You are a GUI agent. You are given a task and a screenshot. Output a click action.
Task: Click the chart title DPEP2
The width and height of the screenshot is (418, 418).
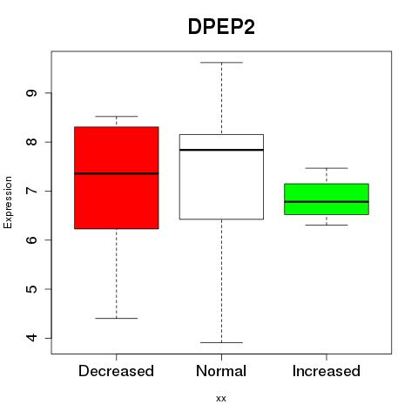(221, 27)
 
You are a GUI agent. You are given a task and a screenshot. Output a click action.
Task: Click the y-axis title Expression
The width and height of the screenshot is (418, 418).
(8, 202)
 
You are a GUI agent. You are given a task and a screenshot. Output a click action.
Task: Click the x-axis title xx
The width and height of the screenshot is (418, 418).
(221, 398)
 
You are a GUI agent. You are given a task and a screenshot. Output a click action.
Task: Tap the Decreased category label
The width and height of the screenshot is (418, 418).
(116, 371)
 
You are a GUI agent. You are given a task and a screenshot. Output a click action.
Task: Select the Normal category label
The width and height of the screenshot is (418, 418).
(221, 371)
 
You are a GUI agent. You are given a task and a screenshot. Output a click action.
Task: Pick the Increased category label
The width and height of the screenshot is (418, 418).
(327, 371)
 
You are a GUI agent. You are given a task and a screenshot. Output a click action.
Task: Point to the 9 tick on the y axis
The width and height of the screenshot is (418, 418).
(31, 93)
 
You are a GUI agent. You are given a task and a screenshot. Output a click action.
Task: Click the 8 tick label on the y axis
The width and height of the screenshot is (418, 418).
(31, 142)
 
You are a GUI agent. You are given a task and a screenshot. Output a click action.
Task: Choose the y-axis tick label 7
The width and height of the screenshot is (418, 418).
(31, 191)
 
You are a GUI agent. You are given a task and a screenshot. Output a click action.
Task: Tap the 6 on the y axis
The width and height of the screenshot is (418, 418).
(31, 239)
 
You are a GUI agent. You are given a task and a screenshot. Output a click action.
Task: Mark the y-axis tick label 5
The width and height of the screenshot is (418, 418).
(31, 289)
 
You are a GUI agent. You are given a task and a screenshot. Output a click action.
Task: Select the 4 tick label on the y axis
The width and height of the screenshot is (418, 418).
(31, 338)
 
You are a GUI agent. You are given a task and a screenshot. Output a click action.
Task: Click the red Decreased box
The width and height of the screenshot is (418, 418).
(117, 178)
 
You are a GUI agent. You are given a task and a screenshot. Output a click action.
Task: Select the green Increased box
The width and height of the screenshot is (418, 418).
(327, 199)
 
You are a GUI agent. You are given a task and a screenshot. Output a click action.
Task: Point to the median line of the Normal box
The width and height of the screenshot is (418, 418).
(221, 150)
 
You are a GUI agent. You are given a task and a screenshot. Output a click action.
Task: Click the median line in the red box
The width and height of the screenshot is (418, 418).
(117, 173)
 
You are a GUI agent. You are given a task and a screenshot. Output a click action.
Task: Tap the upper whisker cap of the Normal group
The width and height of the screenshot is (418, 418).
(221, 63)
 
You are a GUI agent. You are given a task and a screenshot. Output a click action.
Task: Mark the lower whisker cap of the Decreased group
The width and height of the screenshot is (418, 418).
(117, 319)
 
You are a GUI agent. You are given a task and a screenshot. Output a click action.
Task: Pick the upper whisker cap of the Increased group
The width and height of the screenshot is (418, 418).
(327, 168)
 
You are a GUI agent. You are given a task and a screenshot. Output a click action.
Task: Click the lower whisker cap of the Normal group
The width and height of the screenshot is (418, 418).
(221, 342)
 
